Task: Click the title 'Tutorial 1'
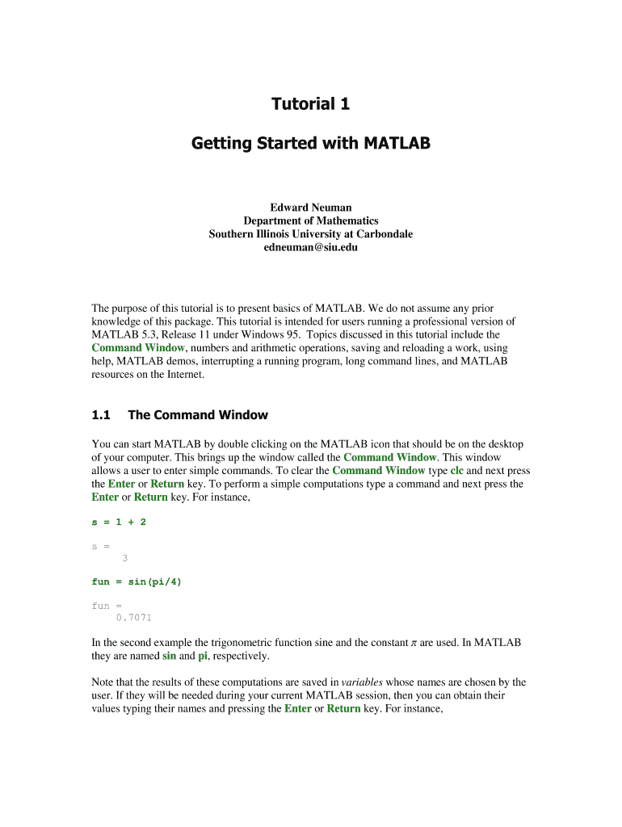(x=311, y=104)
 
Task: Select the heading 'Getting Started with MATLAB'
(x=311, y=144)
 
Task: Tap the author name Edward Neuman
(x=311, y=208)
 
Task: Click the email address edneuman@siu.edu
(x=311, y=247)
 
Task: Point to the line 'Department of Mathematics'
(x=311, y=220)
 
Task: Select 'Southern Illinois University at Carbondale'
(x=311, y=234)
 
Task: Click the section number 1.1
(x=101, y=415)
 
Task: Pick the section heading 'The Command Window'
(x=198, y=415)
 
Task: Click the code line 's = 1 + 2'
(x=119, y=522)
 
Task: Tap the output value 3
(x=124, y=557)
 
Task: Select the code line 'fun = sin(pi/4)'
(x=137, y=581)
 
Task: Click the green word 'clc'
(x=456, y=470)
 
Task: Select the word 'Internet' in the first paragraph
(x=183, y=375)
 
